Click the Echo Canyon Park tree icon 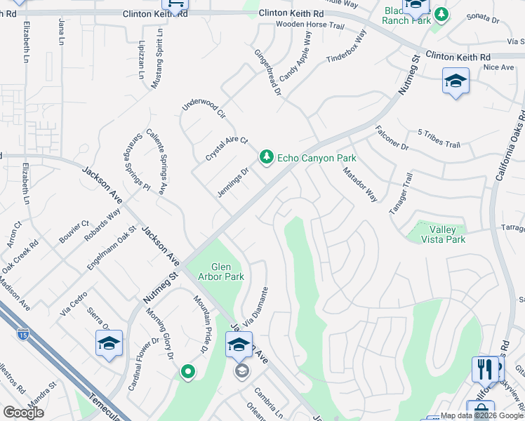tap(266, 157)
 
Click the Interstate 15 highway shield tap(24, 336)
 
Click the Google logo tap(23, 413)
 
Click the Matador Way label tap(360, 185)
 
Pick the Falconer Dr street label tap(392, 138)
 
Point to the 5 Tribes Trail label tap(438, 139)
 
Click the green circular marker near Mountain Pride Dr tap(187, 371)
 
